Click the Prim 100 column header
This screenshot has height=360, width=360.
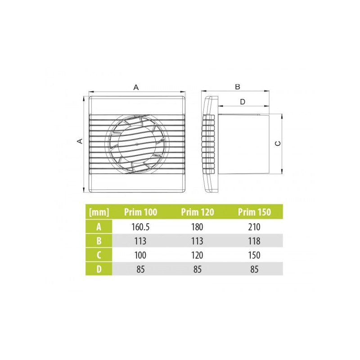pos(140,212)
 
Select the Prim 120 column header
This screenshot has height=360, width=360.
pos(198,212)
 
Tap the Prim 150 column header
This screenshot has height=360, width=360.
pos(254,212)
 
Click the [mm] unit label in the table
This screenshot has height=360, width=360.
pos(99,212)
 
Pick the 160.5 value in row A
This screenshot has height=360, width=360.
pos(140,227)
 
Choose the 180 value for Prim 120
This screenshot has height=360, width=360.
pos(197,227)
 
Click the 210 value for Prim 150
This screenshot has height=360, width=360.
pos(254,227)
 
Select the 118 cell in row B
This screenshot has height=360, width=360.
pos(254,241)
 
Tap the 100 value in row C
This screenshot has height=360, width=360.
pos(140,255)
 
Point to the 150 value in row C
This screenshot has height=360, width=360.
pos(254,255)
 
